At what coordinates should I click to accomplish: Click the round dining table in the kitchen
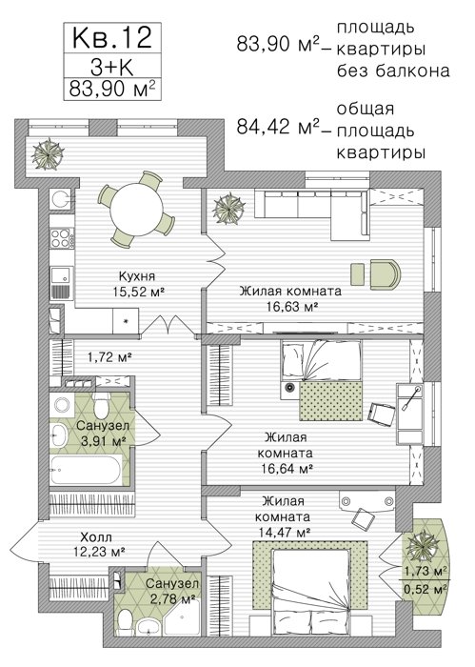(x=136, y=209)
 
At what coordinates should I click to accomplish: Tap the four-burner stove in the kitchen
(x=61, y=238)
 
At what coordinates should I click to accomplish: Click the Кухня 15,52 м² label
(x=137, y=284)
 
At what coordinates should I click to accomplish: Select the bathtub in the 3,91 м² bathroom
(x=87, y=470)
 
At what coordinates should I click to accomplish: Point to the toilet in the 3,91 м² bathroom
(x=102, y=405)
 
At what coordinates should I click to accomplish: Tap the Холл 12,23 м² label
(x=98, y=544)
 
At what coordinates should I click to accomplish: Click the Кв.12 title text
(x=112, y=37)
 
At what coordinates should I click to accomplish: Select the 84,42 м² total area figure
(x=278, y=127)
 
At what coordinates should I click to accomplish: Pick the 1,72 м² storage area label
(x=109, y=357)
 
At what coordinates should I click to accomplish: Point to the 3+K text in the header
(x=112, y=67)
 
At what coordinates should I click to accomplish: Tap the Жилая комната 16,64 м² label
(x=286, y=453)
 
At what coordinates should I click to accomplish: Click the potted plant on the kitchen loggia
(x=48, y=152)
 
